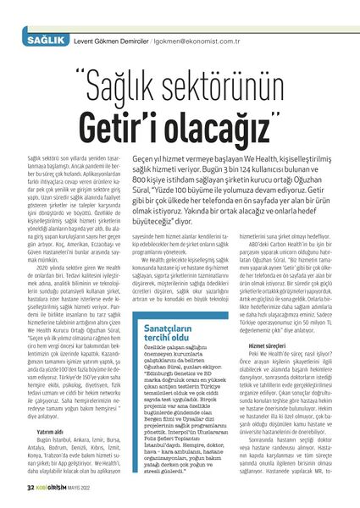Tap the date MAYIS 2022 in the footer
[x=90, y=489]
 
